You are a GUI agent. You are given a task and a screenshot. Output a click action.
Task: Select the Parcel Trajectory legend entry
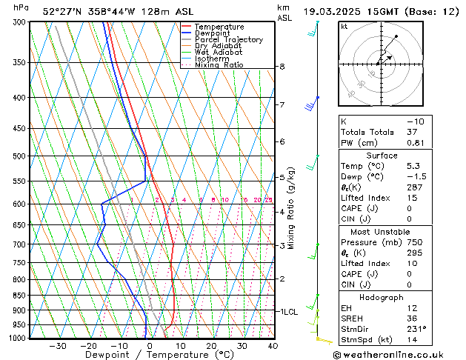coord(228,40)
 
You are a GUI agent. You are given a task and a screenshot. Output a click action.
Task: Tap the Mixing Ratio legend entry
coord(219,65)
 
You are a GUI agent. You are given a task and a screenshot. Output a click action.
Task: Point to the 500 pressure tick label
coord(20,156)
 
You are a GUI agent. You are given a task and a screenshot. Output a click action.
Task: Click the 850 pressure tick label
coord(20,296)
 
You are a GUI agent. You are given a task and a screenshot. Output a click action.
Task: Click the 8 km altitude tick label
coord(282,67)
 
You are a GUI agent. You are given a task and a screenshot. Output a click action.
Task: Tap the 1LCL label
coord(287,312)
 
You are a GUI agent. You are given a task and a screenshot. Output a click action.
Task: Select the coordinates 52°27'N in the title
coord(62,12)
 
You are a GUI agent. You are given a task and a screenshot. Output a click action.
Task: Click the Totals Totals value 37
coord(413,132)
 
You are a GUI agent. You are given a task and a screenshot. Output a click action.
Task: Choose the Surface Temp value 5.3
coord(413,167)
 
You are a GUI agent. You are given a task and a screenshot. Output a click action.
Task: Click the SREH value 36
coord(413,318)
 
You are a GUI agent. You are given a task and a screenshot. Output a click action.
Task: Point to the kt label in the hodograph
coord(344,27)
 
